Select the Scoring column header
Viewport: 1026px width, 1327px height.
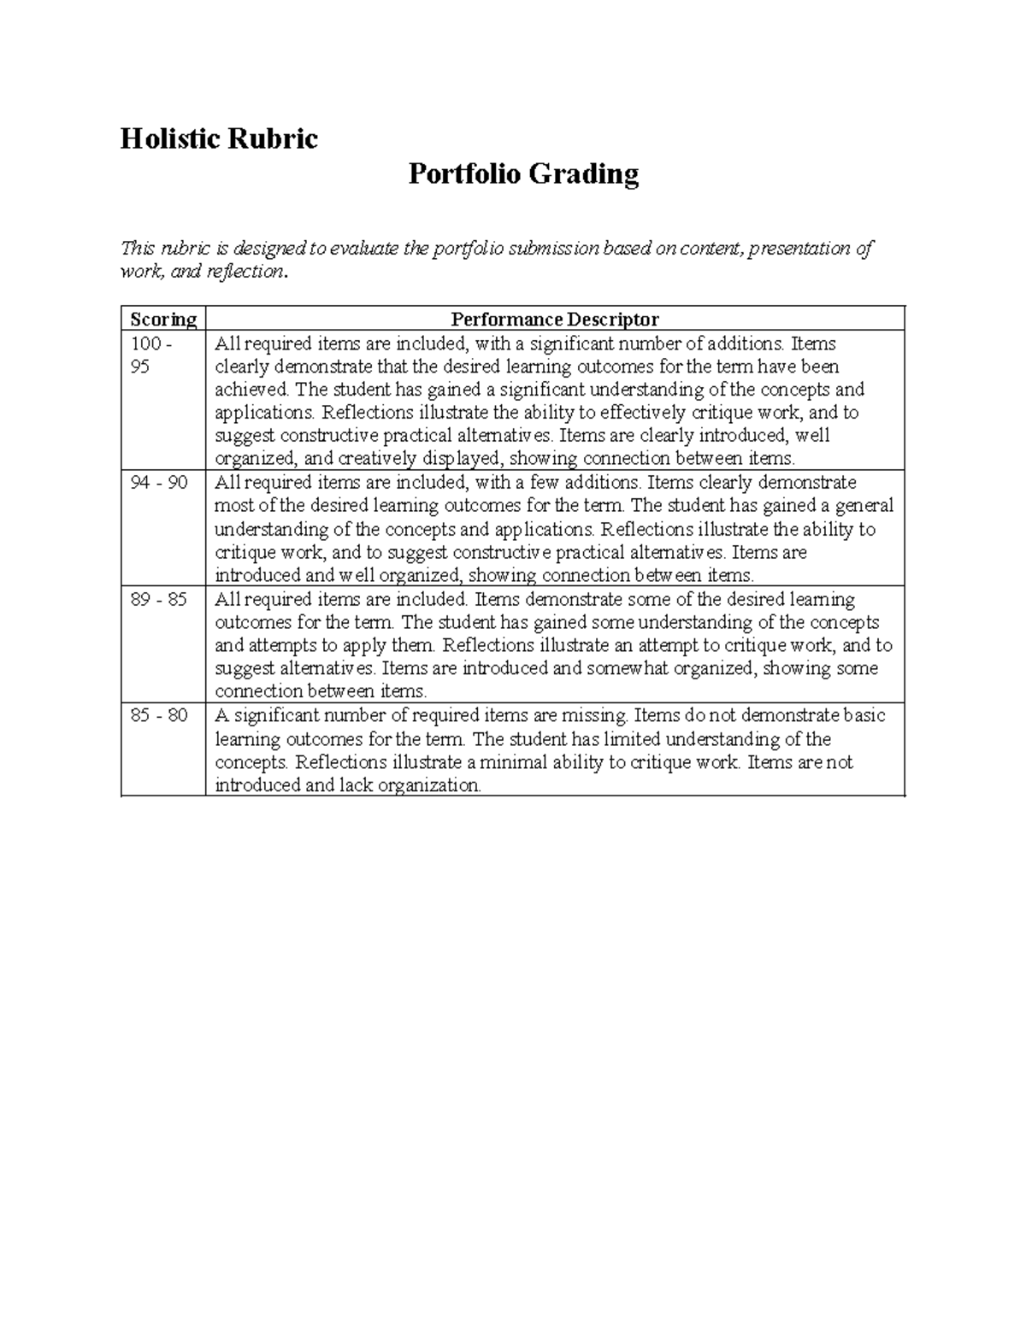tap(163, 320)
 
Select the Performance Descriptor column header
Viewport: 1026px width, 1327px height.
tap(555, 320)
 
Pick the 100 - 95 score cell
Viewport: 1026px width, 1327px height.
tap(150, 355)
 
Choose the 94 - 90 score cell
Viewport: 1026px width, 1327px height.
tap(159, 483)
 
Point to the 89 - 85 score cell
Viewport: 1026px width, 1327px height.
tap(159, 599)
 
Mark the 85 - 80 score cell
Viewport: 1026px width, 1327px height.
tap(159, 715)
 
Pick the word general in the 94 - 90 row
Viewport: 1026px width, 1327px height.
tap(864, 506)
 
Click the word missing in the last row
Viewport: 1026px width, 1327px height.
tap(594, 715)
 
